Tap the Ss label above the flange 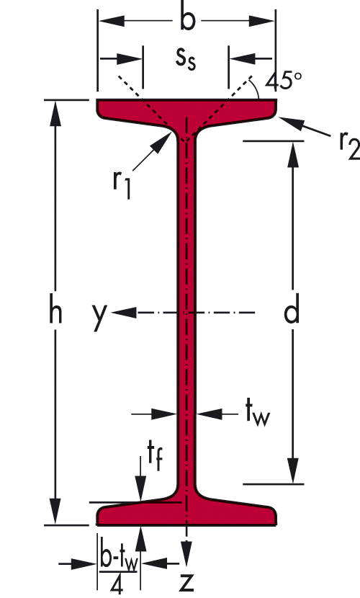point(186,59)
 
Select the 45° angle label point(284,81)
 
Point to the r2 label point(349,146)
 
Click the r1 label point(122,184)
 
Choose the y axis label point(99,315)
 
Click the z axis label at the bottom point(186,582)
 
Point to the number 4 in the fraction point(117,584)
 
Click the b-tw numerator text point(118,558)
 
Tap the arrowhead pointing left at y point(123,313)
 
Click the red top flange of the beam point(186,112)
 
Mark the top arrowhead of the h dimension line point(55,113)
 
